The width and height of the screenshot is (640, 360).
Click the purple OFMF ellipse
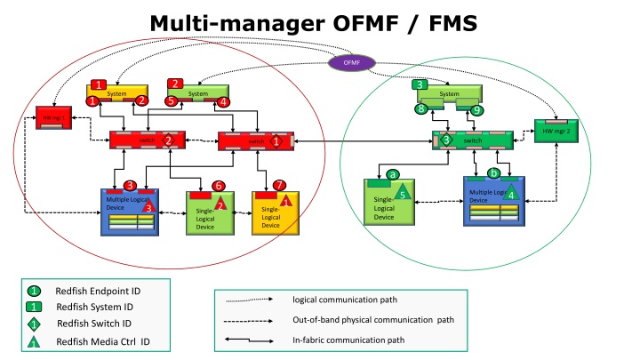click(353, 62)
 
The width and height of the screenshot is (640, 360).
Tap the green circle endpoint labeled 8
click(422, 109)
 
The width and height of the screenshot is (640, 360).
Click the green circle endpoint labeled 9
click(477, 110)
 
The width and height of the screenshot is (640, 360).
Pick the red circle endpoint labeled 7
click(280, 185)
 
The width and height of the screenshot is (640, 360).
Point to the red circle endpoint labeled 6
click(218, 185)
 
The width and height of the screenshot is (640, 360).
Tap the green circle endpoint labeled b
click(494, 172)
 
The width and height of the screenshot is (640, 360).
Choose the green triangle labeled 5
click(403, 192)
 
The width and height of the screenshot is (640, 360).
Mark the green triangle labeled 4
click(510, 193)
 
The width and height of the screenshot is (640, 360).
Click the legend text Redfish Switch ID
click(93, 324)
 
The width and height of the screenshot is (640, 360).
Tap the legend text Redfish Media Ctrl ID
click(102, 341)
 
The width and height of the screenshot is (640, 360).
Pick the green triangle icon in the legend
click(33, 341)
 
